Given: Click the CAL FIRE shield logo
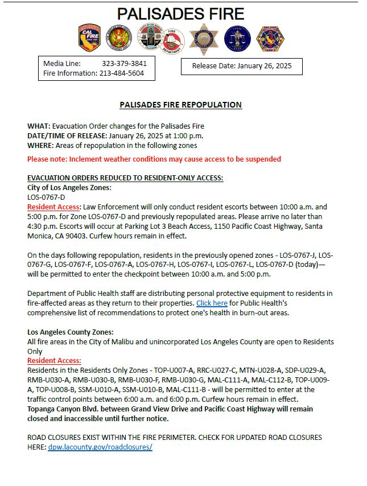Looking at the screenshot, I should pos(89,38).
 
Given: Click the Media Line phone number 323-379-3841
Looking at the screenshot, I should pos(124,64).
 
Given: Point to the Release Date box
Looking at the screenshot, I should pos(241,66).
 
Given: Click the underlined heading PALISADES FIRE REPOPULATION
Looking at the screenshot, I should pos(180,105).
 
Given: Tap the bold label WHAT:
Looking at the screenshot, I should pos(39,126).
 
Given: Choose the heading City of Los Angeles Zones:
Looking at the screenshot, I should pos(69,187).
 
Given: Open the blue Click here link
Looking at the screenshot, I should pos(212,303).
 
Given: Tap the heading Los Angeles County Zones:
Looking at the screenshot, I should pos(71,332).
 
